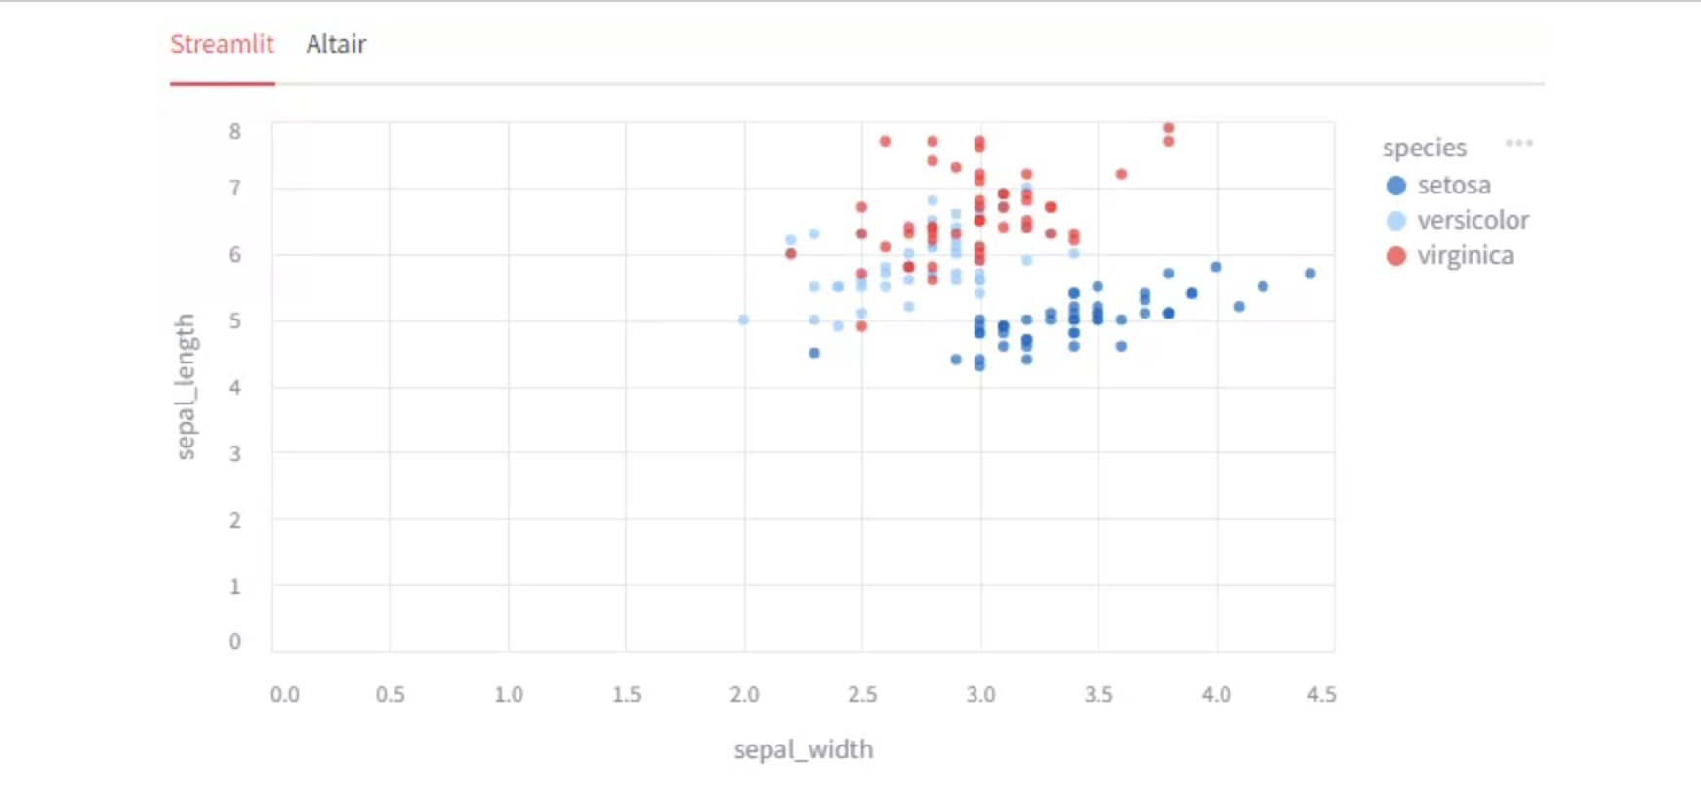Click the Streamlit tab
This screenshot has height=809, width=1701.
point(222,44)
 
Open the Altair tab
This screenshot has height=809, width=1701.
point(336,44)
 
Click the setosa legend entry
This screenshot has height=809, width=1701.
point(1453,186)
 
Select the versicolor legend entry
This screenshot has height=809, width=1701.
point(1472,221)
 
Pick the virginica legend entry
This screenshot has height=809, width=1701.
point(1464,256)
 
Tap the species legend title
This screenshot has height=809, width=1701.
point(1424,149)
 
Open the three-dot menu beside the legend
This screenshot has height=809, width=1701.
point(1518,143)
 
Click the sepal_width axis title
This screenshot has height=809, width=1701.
point(804,749)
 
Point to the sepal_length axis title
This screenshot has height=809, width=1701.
point(186,386)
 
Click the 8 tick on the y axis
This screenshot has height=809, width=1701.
point(235,131)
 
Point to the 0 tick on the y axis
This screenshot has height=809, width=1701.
point(235,641)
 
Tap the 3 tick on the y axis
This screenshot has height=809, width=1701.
point(235,453)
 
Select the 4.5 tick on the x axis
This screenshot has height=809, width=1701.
point(1321,694)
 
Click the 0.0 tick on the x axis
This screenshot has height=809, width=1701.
point(285,694)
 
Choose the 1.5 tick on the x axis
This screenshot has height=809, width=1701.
point(627,694)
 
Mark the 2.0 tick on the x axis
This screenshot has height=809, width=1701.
point(744,694)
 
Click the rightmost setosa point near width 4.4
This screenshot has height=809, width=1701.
point(1310,274)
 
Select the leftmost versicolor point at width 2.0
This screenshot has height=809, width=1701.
point(744,319)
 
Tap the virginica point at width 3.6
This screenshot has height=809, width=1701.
point(1121,174)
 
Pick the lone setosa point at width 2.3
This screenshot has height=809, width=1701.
point(814,353)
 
